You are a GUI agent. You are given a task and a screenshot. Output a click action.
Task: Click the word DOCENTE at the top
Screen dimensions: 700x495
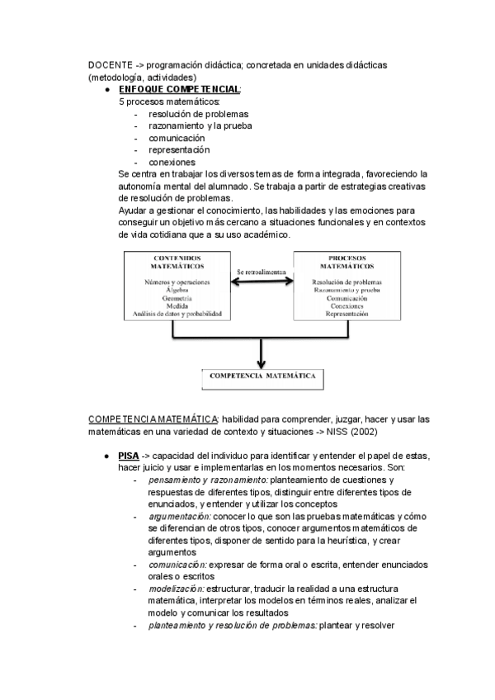pos(108,64)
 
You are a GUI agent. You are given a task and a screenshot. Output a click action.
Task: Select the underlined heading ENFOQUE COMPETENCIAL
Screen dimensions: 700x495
pos(180,88)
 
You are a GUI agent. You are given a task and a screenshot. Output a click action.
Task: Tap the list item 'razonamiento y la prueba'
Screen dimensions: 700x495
pos(200,125)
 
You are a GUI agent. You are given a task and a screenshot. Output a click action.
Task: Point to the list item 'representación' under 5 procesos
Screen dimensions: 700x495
pos(179,150)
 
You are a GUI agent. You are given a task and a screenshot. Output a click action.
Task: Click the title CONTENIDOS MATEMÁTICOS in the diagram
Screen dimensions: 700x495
pos(178,262)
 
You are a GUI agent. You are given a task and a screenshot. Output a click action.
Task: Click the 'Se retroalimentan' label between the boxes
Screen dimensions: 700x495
pos(261,272)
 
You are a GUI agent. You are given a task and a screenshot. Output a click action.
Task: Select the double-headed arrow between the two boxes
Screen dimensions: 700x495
pos(261,283)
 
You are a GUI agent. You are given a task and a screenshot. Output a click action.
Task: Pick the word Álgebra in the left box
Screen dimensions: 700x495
pos(178,290)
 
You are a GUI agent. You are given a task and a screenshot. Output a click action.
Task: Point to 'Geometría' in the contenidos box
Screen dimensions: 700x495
pos(178,297)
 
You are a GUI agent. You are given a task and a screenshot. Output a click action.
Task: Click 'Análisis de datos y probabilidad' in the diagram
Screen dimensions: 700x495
pos(178,313)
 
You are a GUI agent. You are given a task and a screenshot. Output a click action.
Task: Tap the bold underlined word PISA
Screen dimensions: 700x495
pos(128,456)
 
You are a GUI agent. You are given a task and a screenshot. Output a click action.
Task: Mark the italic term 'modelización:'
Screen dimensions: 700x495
pos(177,589)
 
